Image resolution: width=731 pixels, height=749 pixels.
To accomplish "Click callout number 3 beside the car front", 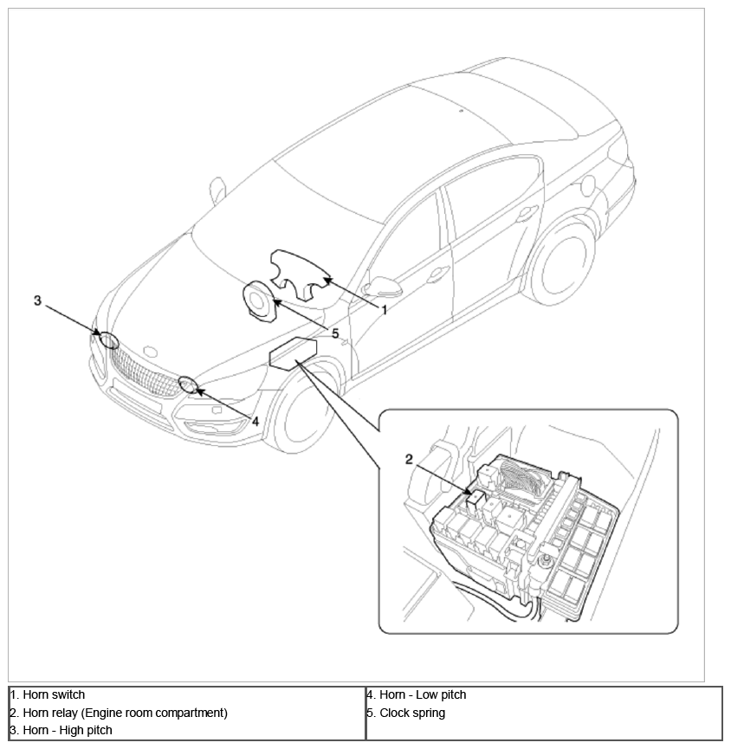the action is (37, 300).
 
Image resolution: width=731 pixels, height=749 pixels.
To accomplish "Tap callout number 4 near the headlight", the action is (256, 422).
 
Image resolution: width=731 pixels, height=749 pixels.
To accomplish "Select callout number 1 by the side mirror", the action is (385, 310).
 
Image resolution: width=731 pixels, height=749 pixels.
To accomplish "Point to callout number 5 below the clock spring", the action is (335, 333).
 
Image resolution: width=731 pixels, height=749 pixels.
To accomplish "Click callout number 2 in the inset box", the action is (409, 460).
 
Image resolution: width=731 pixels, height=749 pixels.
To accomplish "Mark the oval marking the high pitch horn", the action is (108, 340).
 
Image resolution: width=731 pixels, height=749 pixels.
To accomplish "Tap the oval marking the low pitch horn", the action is (188, 385).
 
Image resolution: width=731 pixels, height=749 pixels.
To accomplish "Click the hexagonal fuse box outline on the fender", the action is (293, 352).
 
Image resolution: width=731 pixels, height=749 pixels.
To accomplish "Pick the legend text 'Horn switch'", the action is (54, 694).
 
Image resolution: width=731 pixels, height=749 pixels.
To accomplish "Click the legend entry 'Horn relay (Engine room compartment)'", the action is (126, 713).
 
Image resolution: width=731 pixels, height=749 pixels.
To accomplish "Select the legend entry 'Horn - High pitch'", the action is (68, 730).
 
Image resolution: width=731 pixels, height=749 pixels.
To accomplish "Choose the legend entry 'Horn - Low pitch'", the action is (423, 694).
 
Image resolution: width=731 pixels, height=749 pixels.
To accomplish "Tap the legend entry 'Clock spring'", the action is (412, 713).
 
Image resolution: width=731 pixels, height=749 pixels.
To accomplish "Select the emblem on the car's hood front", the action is (151, 352).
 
